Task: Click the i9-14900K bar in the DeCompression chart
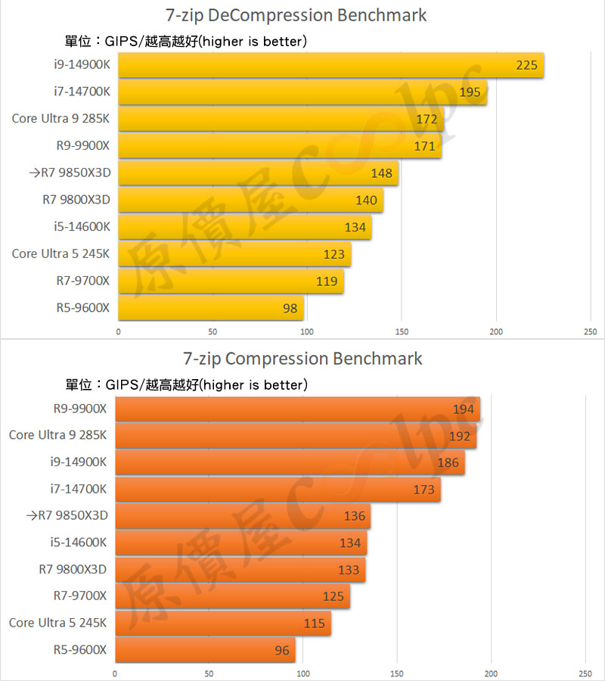click(331, 65)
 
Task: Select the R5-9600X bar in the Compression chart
click(205, 649)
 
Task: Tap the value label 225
click(526, 65)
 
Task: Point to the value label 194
click(463, 410)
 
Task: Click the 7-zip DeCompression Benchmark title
click(296, 15)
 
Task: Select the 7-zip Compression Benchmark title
click(302, 358)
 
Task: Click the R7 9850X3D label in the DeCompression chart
click(70, 173)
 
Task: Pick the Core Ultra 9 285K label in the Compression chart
click(57, 435)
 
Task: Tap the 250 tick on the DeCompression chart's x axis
click(591, 331)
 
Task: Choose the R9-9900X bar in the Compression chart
click(297, 410)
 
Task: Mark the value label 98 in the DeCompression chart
click(290, 308)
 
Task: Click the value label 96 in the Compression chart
click(282, 649)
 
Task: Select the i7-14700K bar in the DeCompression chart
click(302, 92)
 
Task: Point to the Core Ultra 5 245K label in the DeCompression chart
click(60, 253)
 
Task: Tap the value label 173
click(423, 490)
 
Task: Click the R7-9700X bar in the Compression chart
click(232, 596)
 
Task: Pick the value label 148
click(381, 173)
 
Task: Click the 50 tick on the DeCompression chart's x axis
click(213, 331)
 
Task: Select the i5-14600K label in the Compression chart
click(79, 543)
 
